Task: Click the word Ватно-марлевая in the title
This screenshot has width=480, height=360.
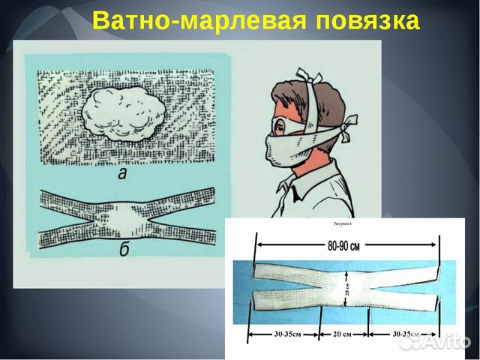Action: click(194, 21)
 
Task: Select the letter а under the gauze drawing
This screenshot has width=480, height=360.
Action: click(121, 174)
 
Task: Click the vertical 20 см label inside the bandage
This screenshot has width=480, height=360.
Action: click(346, 287)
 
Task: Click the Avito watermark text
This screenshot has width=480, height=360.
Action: click(446, 343)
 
